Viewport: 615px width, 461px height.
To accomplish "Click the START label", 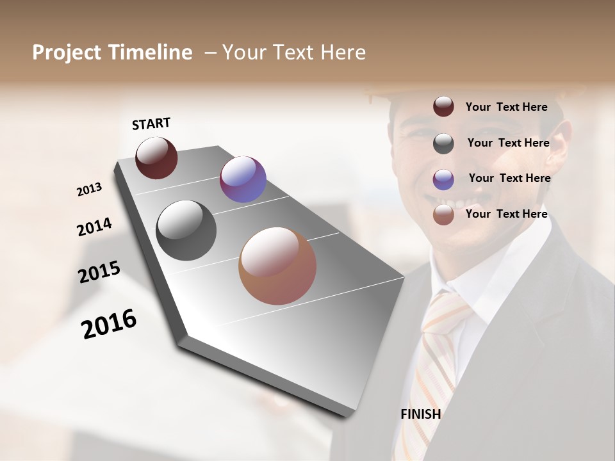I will [151, 124].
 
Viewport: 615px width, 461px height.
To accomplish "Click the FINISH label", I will [420, 414].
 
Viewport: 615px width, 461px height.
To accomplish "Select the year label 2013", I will [89, 190].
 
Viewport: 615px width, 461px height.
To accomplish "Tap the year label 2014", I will [94, 227].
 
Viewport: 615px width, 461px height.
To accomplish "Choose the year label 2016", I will [109, 323].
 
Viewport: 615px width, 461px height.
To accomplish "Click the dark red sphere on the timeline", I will [156, 158].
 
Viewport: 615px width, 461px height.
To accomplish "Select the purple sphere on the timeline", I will [243, 179].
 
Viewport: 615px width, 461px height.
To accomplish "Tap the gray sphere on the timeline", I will [186, 230].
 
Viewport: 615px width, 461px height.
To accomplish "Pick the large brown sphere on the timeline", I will [277, 266].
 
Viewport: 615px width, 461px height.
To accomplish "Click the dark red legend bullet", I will [443, 107].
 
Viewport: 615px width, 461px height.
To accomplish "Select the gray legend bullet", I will [443, 143].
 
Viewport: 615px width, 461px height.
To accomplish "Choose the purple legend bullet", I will [443, 179].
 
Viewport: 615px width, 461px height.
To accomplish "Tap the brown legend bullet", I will [443, 215].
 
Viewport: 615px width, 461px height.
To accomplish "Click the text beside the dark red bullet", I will [506, 107].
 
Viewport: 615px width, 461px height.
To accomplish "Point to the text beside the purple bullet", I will [509, 178].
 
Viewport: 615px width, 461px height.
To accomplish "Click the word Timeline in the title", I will [151, 53].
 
